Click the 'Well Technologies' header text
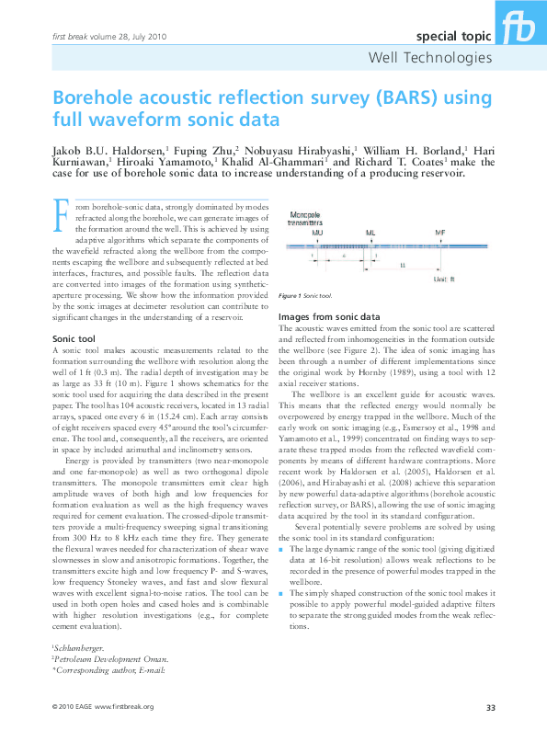pyautogui.click(x=429, y=58)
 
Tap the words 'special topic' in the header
pyautogui.click(x=453, y=37)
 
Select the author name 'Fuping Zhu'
pyautogui.click(x=205, y=149)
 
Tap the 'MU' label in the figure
pyautogui.click(x=318, y=234)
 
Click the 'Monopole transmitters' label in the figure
pyautogui.click(x=305, y=219)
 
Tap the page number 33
pyautogui.click(x=490, y=706)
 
